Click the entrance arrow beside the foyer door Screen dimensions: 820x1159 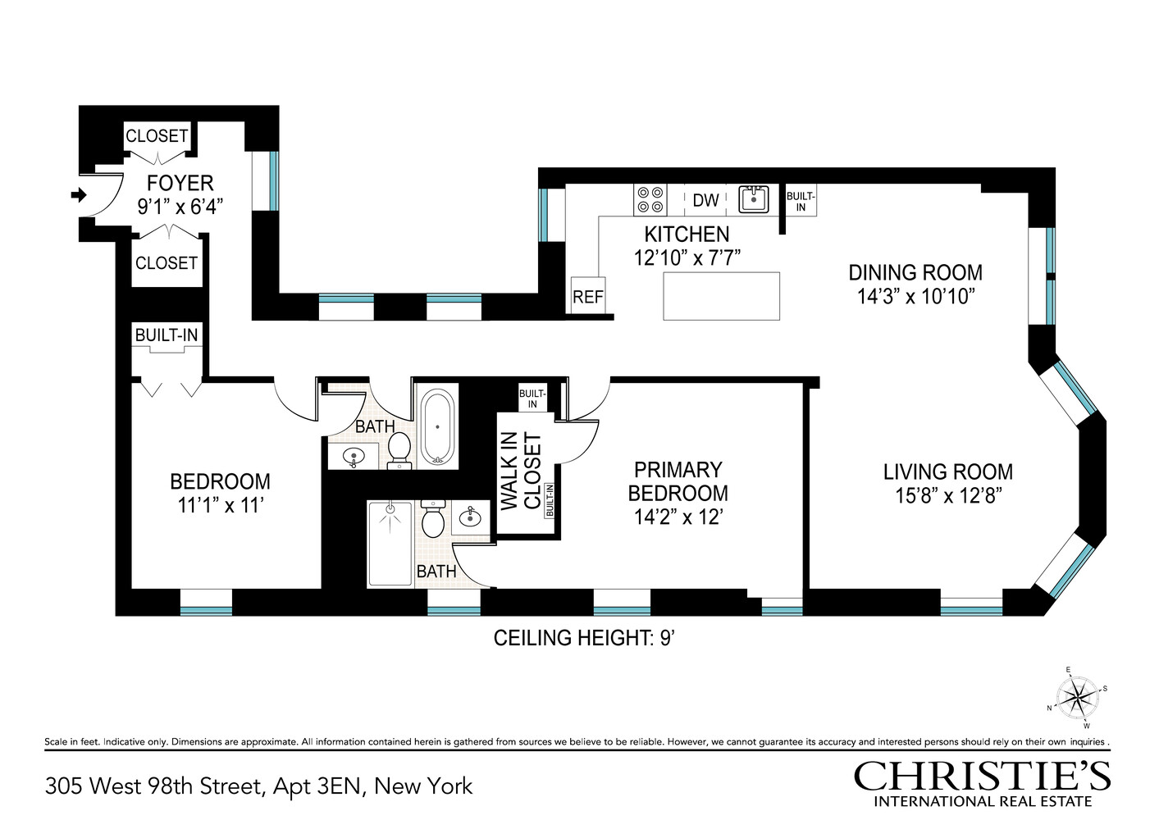pos(79,195)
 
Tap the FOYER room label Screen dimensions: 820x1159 pos(180,183)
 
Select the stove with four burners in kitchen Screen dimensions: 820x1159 pos(650,199)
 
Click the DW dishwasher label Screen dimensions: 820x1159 pos(705,200)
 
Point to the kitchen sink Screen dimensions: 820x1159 pos(753,199)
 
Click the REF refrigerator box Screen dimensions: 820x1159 pos(587,297)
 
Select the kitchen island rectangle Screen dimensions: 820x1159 pos(721,296)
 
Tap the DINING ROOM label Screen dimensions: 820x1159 pos(915,272)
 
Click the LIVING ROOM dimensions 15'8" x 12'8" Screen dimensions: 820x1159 pos(948,495)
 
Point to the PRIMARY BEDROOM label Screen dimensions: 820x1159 pos(678,481)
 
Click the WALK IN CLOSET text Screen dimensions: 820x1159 pos(521,471)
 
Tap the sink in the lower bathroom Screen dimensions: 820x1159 pos(471,517)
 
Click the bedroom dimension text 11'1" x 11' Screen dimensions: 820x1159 pos(220,505)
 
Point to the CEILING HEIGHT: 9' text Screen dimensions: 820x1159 pos(583,638)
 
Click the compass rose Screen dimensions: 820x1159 pos(1076,698)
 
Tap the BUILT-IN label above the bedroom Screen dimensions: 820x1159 pos(167,335)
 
